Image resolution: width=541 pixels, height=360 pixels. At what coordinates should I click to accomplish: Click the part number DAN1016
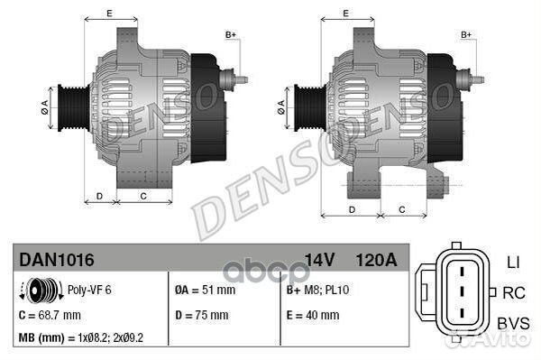pos(56,260)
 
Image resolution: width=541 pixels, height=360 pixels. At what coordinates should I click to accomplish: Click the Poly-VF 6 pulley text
pos(89,291)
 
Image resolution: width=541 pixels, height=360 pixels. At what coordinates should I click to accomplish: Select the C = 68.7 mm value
pos(50,315)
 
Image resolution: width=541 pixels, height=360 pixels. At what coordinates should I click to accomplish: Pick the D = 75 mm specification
pos(200,315)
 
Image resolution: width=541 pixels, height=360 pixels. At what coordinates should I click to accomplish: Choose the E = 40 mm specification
pos(312,315)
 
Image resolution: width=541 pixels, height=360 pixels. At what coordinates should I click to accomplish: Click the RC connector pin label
pos(514,293)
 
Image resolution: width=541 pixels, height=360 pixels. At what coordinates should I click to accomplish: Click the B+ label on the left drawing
pos(230,34)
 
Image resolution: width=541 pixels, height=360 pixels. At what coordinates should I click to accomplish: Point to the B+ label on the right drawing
pos(467,34)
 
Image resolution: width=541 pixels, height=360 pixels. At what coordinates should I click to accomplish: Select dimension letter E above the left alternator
pos(109,13)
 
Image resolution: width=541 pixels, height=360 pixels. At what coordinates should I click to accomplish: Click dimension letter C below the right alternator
pos(400,209)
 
